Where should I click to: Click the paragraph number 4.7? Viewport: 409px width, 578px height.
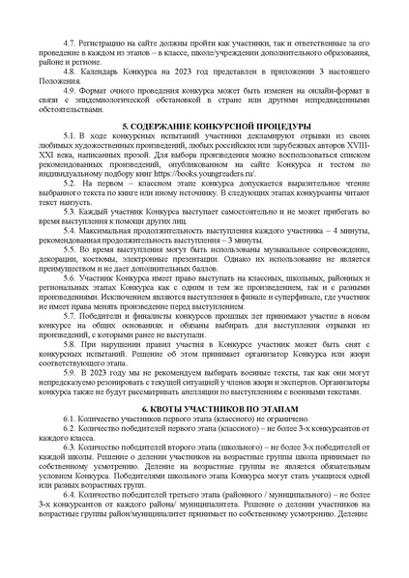coord(72,45)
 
